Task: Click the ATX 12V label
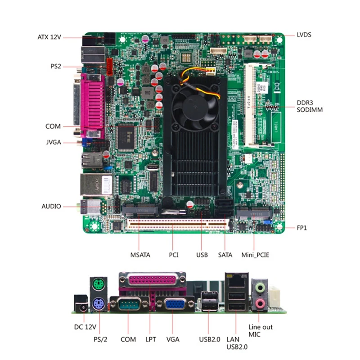tap(49, 37)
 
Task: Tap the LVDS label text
tap(304, 35)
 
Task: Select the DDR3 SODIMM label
tap(310, 106)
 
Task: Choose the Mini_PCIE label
tap(255, 255)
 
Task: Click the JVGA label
tap(53, 143)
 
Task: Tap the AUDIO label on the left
tap(51, 207)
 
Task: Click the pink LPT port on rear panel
tap(152, 281)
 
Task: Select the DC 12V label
tap(85, 327)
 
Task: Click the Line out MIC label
tap(261, 331)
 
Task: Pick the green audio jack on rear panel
tap(259, 288)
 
